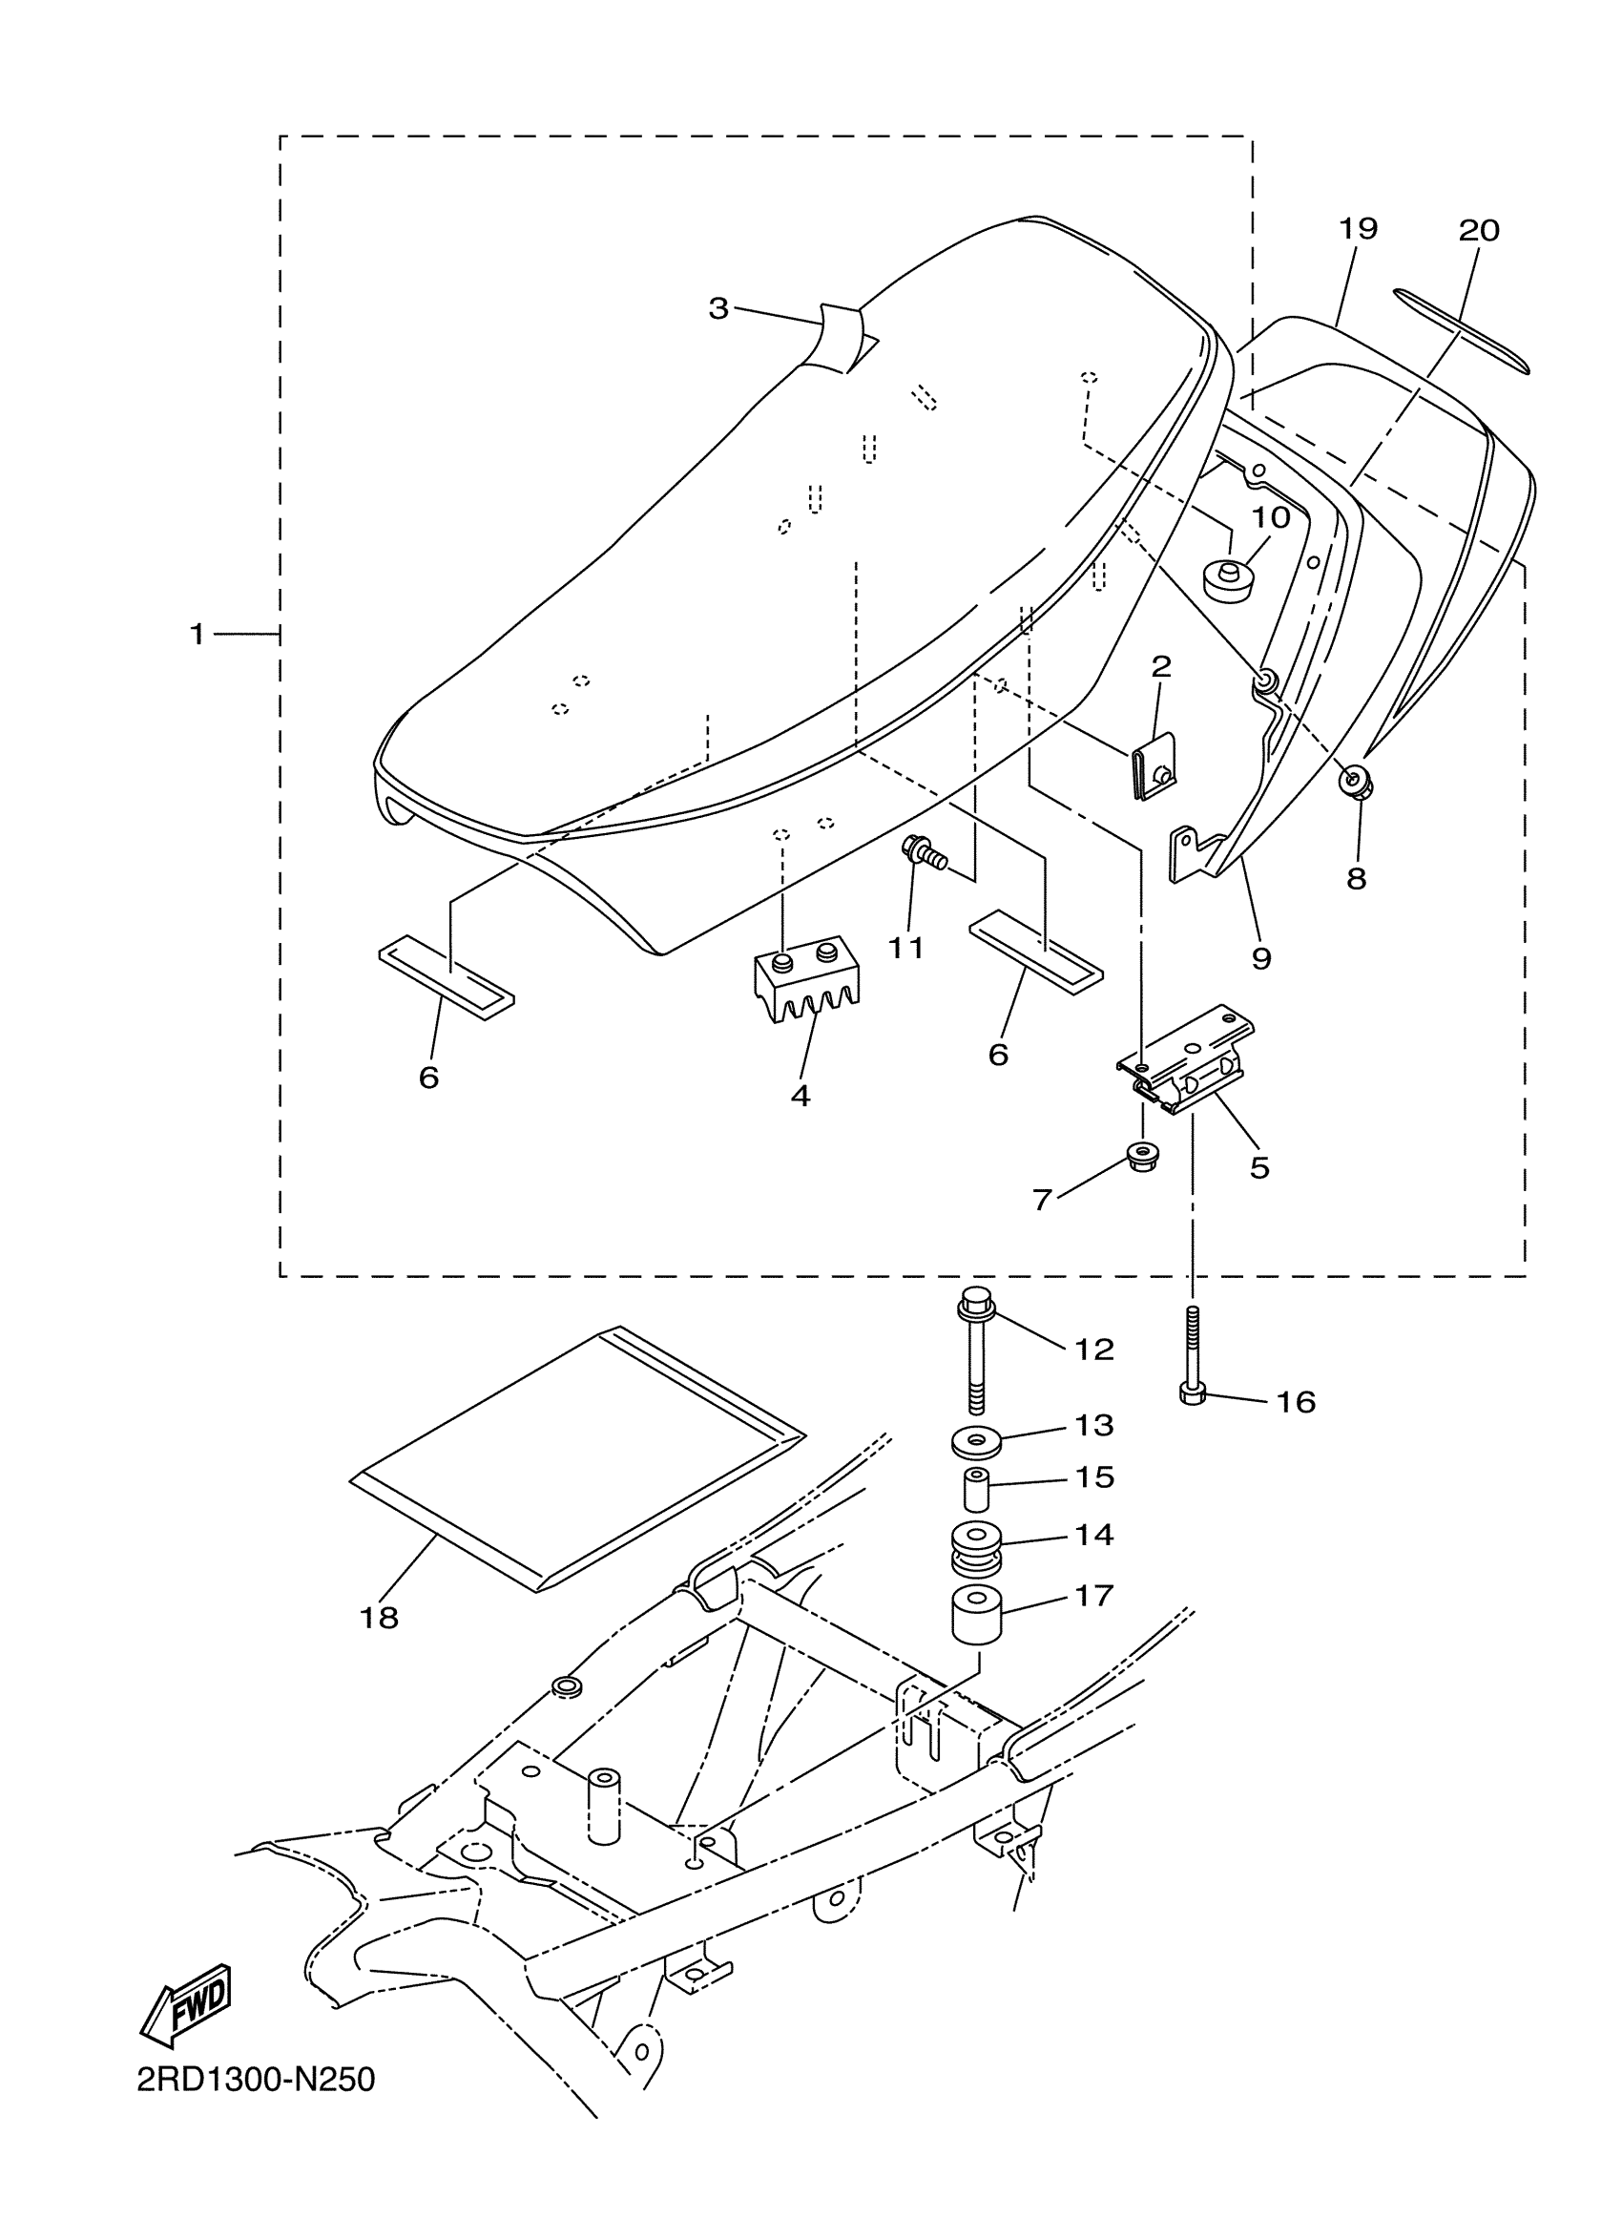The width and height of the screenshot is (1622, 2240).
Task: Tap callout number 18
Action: pyautogui.click(x=379, y=1618)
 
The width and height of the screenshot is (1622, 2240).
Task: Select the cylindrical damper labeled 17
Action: pyautogui.click(x=976, y=1615)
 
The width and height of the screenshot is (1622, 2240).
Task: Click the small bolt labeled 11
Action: pyautogui.click(x=923, y=851)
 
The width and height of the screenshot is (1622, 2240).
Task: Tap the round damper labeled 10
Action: pyautogui.click(x=1227, y=577)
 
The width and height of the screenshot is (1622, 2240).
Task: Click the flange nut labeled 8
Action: pyautogui.click(x=1354, y=783)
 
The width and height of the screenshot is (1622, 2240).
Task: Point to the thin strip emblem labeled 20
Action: pyautogui.click(x=1460, y=331)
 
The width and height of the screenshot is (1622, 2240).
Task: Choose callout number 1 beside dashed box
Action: pyautogui.click(x=198, y=633)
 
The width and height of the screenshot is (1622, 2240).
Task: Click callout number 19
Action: pyautogui.click(x=1358, y=229)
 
